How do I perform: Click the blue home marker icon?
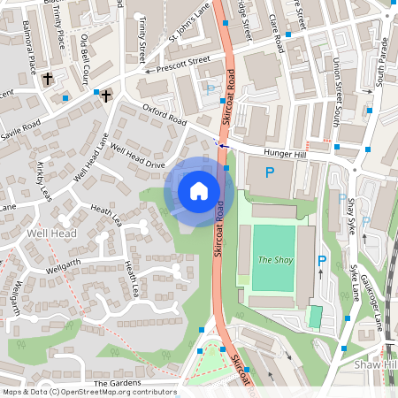[199, 190]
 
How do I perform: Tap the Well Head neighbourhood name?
[51, 233]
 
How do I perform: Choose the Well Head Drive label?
[137, 156]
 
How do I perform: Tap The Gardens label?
[118, 383]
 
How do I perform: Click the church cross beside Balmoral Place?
[48, 80]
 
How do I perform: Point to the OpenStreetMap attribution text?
[88, 392]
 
